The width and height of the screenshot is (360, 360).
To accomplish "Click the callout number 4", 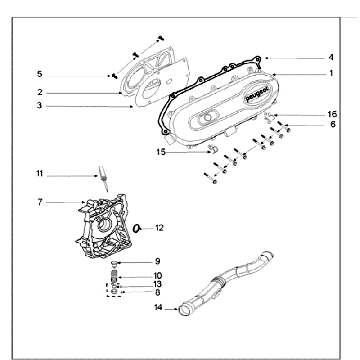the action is coord(331,58).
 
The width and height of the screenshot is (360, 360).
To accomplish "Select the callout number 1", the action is coord(331,73).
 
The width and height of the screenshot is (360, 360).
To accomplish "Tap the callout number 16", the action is coord(332,114).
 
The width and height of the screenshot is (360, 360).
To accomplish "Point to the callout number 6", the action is coord(333,124).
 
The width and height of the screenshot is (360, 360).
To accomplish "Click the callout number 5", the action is coord(40,74).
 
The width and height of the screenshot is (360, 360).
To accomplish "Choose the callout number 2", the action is coord(40,92).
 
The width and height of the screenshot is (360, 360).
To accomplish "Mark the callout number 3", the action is coord(39,106).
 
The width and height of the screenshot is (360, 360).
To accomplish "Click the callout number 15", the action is coord(161,152).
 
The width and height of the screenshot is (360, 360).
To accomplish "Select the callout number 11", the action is coord(39,174).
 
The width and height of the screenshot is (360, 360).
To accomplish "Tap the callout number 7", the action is coord(40,202).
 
